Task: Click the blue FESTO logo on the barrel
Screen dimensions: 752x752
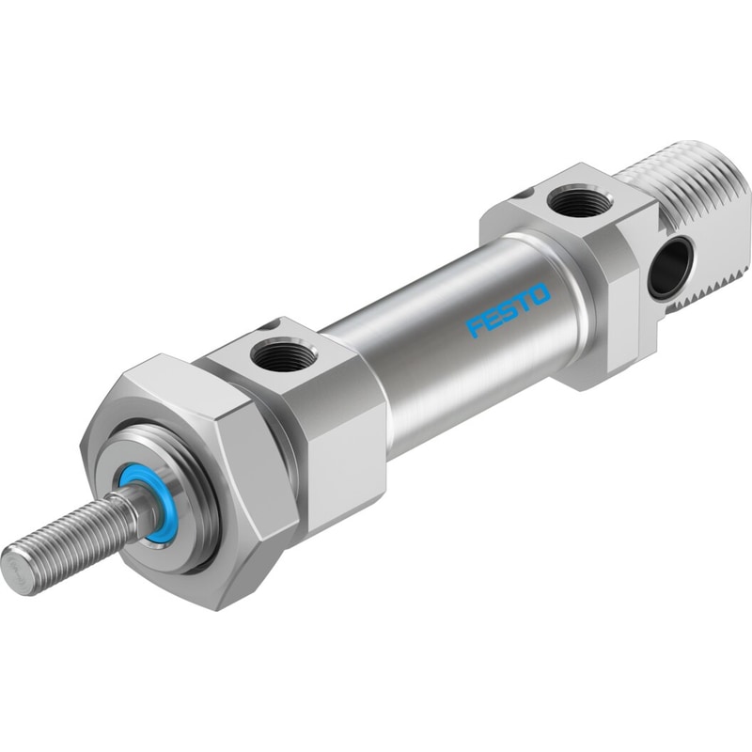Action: point(509,310)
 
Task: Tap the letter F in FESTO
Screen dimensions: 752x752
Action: point(477,327)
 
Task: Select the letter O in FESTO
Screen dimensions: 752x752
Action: point(540,293)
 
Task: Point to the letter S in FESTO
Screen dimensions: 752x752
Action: point(509,310)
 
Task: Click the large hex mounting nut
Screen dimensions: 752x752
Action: point(192,479)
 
